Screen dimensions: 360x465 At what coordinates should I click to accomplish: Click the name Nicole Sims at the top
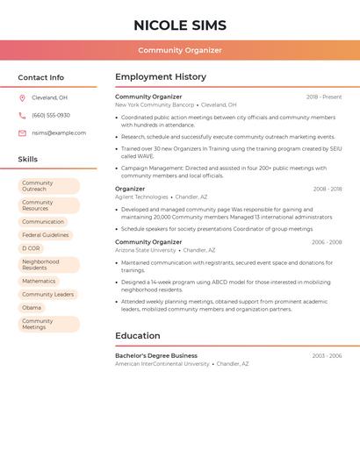[180, 25]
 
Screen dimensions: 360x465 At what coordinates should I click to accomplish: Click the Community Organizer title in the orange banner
[180, 50]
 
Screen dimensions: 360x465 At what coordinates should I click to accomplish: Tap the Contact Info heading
[41, 77]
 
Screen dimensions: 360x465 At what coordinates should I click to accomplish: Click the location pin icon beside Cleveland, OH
[22, 97]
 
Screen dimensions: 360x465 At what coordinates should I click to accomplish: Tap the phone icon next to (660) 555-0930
[22, 115]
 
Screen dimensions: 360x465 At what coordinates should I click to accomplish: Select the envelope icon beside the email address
[22, 133]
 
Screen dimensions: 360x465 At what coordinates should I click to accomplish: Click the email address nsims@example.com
[59, 133]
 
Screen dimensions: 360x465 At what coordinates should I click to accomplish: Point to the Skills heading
[28, 159]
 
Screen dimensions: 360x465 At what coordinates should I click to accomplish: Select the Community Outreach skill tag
[47, 186]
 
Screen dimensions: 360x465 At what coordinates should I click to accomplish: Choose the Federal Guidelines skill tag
[45, 235]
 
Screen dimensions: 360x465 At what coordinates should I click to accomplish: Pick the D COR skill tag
[32, 248]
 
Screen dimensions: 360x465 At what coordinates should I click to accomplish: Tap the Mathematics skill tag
[39, 282]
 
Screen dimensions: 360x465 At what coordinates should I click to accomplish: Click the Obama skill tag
[32, 308]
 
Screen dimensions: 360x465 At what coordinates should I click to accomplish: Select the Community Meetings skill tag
[47, 324]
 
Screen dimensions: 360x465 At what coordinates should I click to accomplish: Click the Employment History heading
[161, 76]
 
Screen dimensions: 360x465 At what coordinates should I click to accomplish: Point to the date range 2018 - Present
[324, 97]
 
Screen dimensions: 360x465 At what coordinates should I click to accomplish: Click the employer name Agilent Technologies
[141, 197]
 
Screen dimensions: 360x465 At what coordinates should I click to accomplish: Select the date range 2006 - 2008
[327, 242]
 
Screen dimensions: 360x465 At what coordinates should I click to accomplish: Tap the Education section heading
[138, 335]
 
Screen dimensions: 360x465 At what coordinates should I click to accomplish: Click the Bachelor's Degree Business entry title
[156, 355]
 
